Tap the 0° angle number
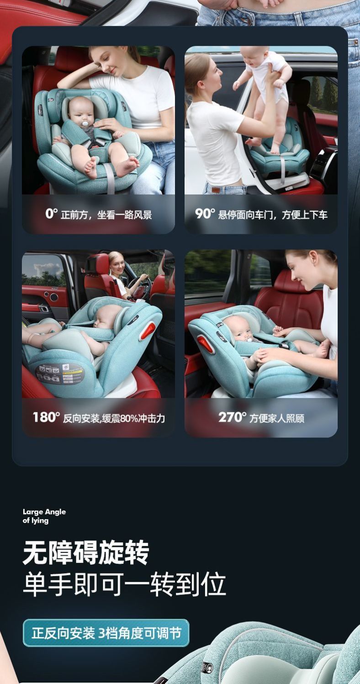click(x=51, y=213)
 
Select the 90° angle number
click(x=205, y=213)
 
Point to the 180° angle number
click(x=46, y=417)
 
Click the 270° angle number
click(x=232, y=417)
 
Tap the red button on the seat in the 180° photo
click(x=148, y=331)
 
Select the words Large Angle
click(x=44, y=512)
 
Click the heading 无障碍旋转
click(x=86, y=552)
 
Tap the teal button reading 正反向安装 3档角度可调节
click(x=106, y=633)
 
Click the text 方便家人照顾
click(x=277, y=418)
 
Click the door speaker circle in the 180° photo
click(x=54, y=296)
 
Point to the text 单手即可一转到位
click(x=124, y=584)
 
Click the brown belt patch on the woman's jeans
click(x=216, y=190)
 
